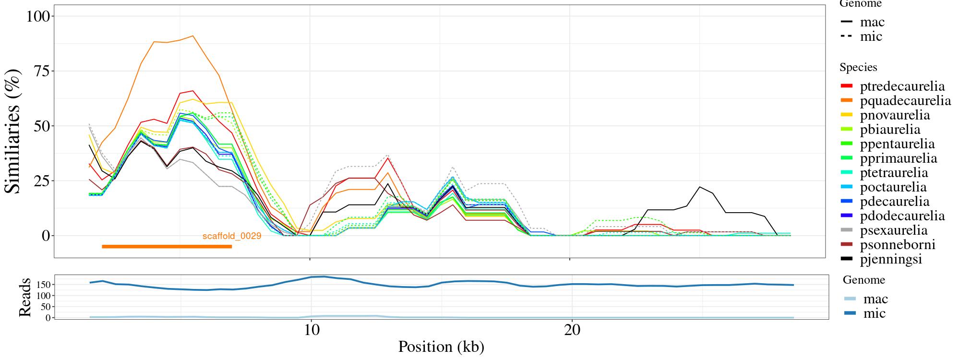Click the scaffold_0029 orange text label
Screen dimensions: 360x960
tap(232, 236)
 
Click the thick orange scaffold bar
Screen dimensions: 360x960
tap(167, 247)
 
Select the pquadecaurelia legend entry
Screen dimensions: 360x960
tap(905, 101)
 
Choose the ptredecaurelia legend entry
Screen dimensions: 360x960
tap(902, 86)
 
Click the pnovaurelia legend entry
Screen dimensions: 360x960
tap(895, 115)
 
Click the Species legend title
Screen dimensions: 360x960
tap(858, 68)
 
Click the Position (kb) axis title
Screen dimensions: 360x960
tap(441, 347)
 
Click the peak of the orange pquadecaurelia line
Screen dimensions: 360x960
tap(192, 36)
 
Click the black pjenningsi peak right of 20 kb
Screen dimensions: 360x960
tap(700, 187)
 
